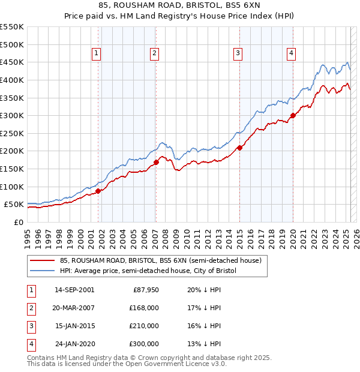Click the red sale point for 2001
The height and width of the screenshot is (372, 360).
98,191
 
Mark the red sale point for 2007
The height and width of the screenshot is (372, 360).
156,162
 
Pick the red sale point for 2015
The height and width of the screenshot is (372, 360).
239,147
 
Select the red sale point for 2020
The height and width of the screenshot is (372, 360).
293,116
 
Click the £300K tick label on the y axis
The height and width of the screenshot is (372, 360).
12,115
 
